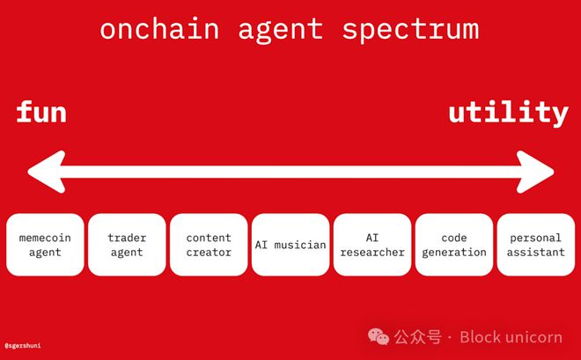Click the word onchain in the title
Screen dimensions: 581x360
(159, 29)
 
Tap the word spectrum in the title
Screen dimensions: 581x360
(410, 31)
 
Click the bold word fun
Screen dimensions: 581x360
(41, 112)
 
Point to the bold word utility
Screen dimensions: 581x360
(509, 113)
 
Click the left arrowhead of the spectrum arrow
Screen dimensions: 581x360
(47, 172)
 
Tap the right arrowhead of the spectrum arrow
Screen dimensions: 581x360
(535, 172)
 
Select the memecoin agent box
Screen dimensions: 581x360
(45, 245)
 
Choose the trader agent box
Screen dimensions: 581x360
(127, 245)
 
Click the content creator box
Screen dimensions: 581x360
(209, 245)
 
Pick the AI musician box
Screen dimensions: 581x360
(290, 245)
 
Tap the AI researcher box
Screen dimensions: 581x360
(372, 245)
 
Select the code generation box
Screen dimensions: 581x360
(454, 245)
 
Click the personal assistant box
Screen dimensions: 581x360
(536, 245)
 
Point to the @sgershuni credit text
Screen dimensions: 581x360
(23, 346)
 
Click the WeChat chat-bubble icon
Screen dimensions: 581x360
(379, 336)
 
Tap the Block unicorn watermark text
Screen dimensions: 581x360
(511, 337)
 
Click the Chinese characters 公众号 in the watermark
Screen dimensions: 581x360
(418, 337)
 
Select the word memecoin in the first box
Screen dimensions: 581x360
(45, 238)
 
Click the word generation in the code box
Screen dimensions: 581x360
(454, 253)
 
